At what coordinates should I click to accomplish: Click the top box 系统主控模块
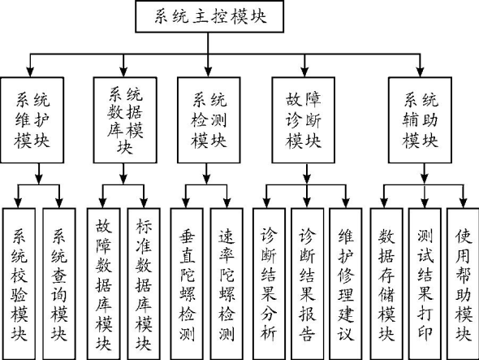point(209,16)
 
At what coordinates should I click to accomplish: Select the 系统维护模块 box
point(32,120)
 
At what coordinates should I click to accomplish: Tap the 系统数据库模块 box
point(125,120)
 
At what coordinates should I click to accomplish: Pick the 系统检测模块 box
point(209,120)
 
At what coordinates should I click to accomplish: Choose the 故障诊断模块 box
point(304,120)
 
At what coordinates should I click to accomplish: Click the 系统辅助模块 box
point(420,120)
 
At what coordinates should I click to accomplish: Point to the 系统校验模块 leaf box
point(19,284)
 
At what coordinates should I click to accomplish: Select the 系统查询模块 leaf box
point(59,284)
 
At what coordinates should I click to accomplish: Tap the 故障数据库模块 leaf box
point(103,284)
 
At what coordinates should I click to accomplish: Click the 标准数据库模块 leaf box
point(144,284)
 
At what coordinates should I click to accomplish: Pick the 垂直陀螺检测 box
point(187,284)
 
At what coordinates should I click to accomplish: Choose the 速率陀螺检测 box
point(227,284)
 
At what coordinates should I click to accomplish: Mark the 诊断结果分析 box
point(269,284)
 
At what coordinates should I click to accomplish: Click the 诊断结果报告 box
point(308,284)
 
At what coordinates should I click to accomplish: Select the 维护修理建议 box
point(346,284)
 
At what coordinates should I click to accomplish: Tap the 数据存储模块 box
point(386,284)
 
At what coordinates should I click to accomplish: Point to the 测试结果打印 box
point(425,284)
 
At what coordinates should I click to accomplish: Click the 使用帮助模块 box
point(463,284)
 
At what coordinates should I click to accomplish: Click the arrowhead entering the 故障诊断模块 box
point(304,72)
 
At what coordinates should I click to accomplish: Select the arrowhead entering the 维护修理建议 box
point(346,203)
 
